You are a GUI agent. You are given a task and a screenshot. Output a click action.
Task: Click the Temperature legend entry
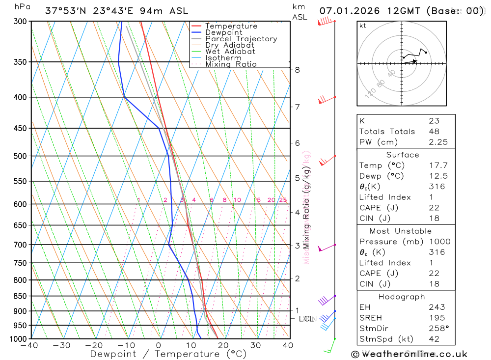(231, 26)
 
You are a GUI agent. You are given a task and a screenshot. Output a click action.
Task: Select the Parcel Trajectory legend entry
(241, 39)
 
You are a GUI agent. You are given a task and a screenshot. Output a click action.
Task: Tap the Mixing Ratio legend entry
(231, 64)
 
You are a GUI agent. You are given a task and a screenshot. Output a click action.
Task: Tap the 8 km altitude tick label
(297, 70)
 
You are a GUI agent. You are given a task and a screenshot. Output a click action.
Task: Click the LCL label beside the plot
(306, 319)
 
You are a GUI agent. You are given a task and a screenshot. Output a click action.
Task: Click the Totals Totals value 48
(434, 131)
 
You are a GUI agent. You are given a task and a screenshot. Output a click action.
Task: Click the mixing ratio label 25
(283, 200)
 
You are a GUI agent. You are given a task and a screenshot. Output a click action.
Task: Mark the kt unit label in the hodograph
(363, 26)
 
